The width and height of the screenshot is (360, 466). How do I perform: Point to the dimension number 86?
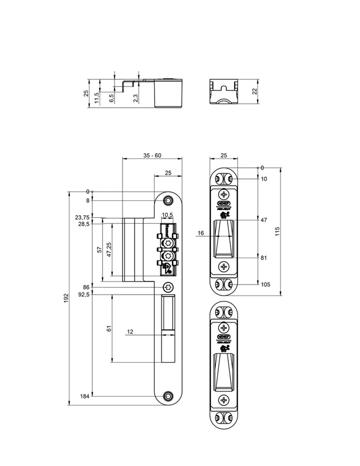(x=86, y=287)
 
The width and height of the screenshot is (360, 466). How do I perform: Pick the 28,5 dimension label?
(x=83, y=224)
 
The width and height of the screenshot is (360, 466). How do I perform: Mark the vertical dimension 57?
(x=100, y=250)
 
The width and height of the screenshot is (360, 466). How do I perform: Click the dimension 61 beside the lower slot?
(x=109, y=329)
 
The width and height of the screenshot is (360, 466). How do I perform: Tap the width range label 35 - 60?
(x=152, y=155)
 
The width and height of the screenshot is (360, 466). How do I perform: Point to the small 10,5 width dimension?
(x=167, y=215)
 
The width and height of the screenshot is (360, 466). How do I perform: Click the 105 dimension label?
(x=265, y=284)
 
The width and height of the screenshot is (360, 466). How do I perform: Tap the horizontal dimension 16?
(x=201, y=233)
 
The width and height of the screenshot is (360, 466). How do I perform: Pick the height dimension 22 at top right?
(x=254, y=91)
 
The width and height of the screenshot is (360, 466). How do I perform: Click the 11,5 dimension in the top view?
(x=97, y=98)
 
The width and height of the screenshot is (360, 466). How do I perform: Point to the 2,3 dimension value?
(x=136, y=98)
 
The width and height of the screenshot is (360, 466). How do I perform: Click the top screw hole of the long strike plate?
(x=169, y=201)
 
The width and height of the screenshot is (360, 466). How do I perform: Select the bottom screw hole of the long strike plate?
(x=169, y=396)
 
